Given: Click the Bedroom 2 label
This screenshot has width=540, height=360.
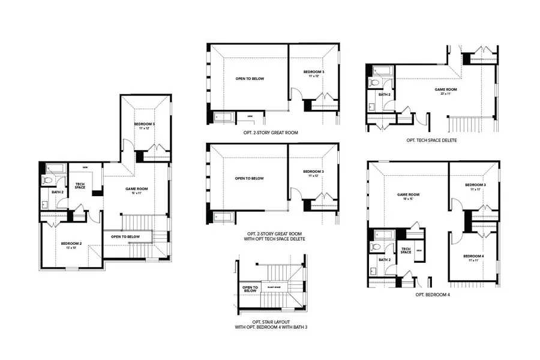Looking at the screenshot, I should coord(71,243).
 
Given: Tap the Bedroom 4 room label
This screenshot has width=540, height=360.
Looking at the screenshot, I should coord(474,256).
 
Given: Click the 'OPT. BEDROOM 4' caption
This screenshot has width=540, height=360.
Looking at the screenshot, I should coord(432,295).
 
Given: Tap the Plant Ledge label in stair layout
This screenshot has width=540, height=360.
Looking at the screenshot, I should coord(275,287).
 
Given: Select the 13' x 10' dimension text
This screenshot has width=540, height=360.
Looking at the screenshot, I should coord(71,248).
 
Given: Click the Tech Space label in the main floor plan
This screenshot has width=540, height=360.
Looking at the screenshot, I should coord(80,186).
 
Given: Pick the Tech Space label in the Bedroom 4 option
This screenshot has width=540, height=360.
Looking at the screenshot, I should coord(406,251).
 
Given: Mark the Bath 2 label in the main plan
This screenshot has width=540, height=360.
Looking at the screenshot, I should coord(49,192).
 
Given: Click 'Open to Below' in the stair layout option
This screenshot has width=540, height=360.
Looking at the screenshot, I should coord(250,289).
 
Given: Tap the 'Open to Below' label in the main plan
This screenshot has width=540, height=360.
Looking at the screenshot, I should coord(125,236).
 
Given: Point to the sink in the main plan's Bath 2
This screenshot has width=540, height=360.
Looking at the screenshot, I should coord(46,204).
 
